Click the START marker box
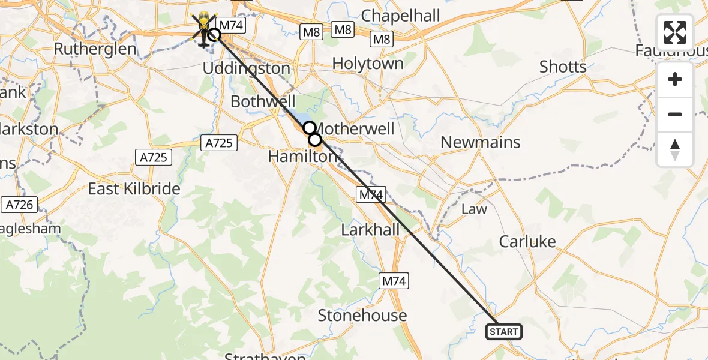503,332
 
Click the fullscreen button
675,32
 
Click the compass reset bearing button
675,149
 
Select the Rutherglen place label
95,49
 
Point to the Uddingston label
246,68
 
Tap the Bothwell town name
263,101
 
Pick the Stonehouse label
362,315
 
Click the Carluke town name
527,241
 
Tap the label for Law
474,209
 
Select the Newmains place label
480,142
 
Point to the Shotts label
562,67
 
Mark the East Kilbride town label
134,188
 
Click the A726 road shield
19,205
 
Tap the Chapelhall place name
401,16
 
